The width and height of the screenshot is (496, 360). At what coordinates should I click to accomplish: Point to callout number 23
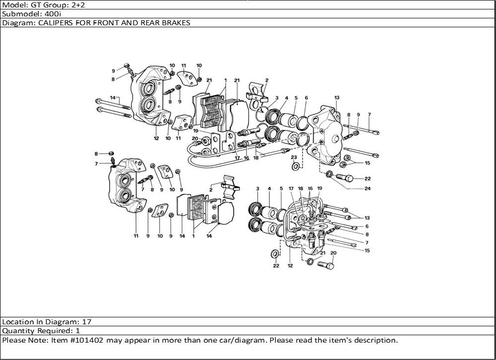(294, 157)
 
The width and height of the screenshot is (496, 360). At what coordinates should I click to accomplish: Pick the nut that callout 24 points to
(329, 174)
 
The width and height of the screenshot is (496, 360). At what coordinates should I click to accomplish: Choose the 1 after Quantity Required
(78, 331)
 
